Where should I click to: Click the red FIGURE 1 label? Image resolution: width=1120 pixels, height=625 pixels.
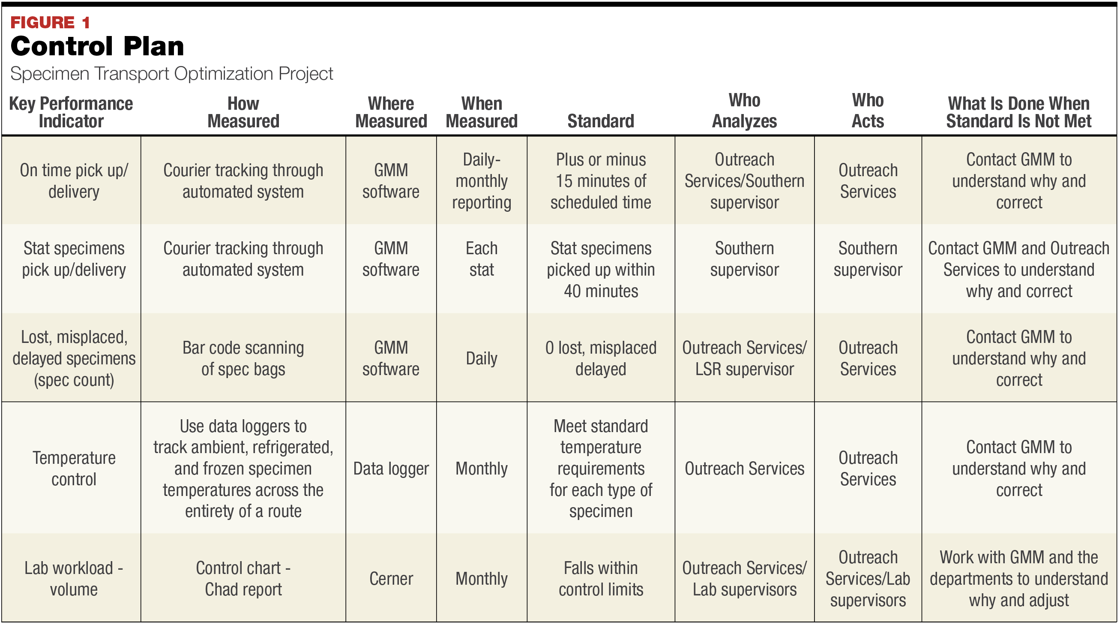[50, 22]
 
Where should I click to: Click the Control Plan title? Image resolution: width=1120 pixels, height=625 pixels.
[97, 46]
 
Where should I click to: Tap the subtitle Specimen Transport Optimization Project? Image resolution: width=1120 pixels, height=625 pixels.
[171, 73]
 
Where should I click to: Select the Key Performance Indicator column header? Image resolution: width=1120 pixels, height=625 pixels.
[71, 112]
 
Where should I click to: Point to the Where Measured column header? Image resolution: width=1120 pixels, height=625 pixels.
[391, 112]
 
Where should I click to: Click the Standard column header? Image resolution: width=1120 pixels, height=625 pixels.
[600, 121]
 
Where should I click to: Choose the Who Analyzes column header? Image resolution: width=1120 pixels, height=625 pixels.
[744, 111]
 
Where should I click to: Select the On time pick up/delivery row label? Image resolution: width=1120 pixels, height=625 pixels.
[74, 181]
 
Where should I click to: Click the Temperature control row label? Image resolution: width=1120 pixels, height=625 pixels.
[74, 469]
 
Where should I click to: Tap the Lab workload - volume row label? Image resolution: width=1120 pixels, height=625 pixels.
[74, 578]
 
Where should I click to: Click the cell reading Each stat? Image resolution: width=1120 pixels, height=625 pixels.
[481, 259]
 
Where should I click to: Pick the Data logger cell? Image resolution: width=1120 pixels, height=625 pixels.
[391, 469]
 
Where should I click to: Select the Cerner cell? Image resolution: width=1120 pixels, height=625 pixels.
[391, 578]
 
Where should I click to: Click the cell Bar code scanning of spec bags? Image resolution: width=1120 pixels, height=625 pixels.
[243, 358]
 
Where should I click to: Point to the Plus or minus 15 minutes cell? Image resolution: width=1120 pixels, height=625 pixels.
[600, 181]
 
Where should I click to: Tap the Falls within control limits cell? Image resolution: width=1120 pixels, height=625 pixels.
[600, 578]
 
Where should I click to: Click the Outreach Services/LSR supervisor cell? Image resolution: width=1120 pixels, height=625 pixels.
[744, 358]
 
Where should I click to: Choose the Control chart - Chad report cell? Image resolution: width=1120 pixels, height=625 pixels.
[243, 578]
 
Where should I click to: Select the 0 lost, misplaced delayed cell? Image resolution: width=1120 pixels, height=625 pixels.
[600, 358]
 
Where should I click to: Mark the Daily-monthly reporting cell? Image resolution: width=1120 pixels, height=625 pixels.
[481, 181]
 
